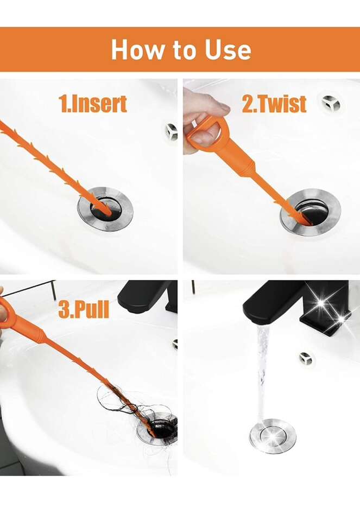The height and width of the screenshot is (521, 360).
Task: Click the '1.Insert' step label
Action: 93,104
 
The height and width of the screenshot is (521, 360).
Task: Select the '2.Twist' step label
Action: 274,104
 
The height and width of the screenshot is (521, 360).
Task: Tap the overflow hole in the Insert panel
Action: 171,132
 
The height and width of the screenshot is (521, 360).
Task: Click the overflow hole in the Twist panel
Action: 331,103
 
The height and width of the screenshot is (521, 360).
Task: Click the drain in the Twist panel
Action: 311,212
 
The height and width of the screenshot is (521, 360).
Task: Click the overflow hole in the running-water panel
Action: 306,358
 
